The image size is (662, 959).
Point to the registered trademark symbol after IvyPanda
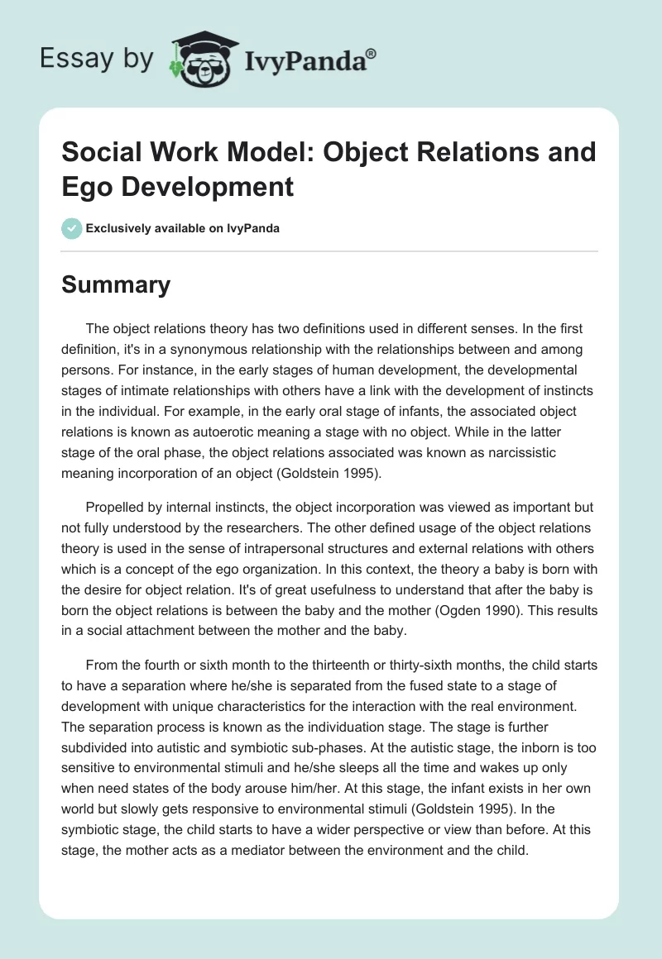tap(372, 52)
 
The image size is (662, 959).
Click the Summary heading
tap(117, 285)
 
